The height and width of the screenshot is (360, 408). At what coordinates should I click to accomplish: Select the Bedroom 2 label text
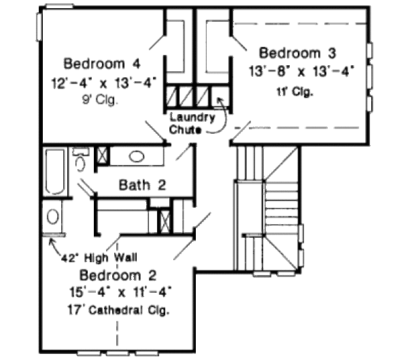[118, 276]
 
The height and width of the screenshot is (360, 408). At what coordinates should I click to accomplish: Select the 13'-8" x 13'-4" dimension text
[301, 70]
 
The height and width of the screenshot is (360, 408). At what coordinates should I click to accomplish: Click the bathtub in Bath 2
[54, 173]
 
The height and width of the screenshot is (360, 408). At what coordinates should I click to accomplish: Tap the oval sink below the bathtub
[52, 217]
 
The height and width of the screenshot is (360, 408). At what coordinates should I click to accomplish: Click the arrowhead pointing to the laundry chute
[219, 100]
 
